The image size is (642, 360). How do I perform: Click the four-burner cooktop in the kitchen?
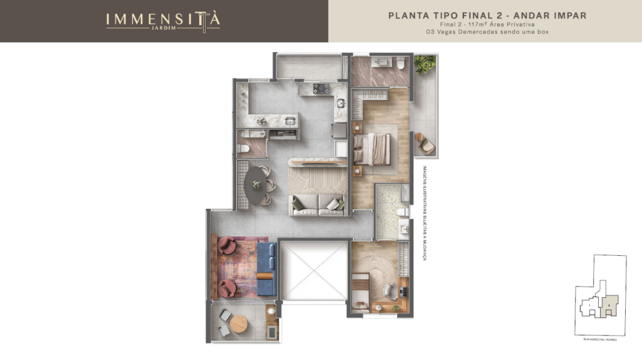pyautogui.click(x=317, y=90)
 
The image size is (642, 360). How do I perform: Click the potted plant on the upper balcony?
pyautogui.click(x=424, y=63)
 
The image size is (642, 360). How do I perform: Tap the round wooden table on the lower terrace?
pyautogui.click(x=238, y=324)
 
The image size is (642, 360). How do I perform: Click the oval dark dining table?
pyautogui.click(x=256, y=184)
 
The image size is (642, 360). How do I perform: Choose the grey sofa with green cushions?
pyautogui.click(x=318, y=204)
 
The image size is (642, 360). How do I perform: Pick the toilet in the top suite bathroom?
pyautogui.click(x=399, y=63)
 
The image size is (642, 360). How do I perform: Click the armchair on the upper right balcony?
pyautogui.click(x=426, y=144)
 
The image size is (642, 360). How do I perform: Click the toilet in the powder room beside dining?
pyautogui.click(x=242, y=149)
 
